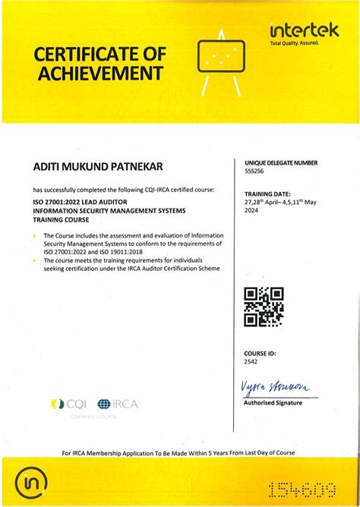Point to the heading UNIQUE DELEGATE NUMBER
[281, 163]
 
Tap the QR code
[264, 307]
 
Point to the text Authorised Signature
[273, 403]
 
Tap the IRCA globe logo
[104, 405]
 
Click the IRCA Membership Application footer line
[179, 453]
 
